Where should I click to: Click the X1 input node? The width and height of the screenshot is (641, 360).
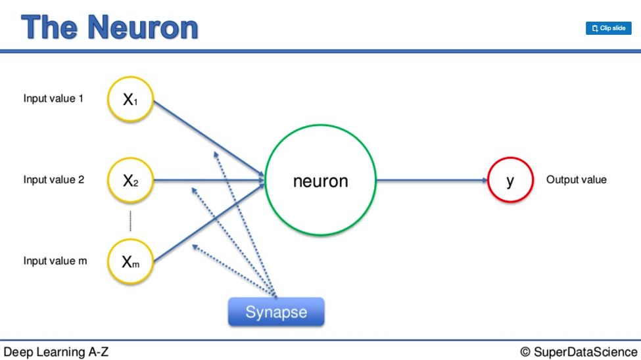pos(130,99)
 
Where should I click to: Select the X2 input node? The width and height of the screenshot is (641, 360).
pos(130,180)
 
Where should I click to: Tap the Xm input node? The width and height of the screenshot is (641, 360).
pos(130,261)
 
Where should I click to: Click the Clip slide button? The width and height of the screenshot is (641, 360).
pos(608,28)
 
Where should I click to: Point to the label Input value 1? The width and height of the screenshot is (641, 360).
pos(53,99)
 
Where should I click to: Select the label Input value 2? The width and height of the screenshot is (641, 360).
pos(53,180)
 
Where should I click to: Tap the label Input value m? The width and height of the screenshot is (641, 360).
pos(55,261)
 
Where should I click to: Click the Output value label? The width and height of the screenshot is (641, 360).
pos(577,180)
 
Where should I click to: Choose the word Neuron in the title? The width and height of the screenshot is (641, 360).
pos(143,28)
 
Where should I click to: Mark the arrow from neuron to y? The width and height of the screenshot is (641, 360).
pos(432,180)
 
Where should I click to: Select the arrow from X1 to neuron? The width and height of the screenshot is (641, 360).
pos(209,139)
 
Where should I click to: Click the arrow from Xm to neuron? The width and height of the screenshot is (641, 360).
pos(209,223)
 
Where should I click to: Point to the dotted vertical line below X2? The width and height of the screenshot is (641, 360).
pos(130,221)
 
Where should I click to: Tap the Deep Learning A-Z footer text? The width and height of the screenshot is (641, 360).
pos(56,352)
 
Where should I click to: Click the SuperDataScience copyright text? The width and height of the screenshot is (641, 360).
pos(579,352)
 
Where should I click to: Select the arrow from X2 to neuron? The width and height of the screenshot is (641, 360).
pos(209,180)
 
